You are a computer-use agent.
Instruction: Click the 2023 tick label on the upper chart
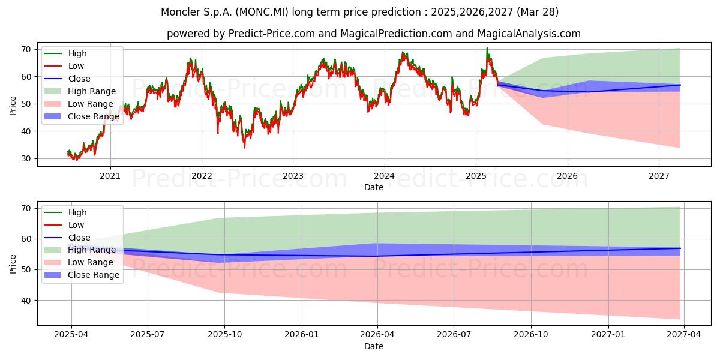[x=293, y=176]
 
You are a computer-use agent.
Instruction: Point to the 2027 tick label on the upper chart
[x=659, y=176]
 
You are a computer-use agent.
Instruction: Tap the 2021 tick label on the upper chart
[x=110, y=176]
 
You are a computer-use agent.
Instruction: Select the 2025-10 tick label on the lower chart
[x=224, y=335]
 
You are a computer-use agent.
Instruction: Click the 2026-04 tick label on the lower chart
[x=377, y=335]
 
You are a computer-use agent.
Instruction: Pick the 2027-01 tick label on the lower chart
[x=608, y=335]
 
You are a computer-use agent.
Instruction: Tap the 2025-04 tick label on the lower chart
[x=71, y=335]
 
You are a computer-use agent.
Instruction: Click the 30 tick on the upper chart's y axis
[x=26, y=159]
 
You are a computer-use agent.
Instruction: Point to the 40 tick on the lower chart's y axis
[x=26, y=301]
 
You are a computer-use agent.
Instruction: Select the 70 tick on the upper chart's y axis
[x=26, y=49]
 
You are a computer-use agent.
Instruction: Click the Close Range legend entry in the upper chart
[x=82, y=116]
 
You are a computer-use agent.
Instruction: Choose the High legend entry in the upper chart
[x=65, y=53]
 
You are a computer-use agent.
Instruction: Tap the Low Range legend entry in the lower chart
[x=79, y=262]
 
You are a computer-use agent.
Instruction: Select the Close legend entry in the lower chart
[x=67, y=238]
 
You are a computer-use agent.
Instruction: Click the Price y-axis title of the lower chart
[x=13, y=264]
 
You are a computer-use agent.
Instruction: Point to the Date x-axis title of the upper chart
[x=374, y=187]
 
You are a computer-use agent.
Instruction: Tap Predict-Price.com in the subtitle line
[x=272, y=34]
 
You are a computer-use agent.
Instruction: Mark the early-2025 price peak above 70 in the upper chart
[x=487, y=48]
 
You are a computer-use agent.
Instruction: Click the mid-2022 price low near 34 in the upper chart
[x=245, y=148]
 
